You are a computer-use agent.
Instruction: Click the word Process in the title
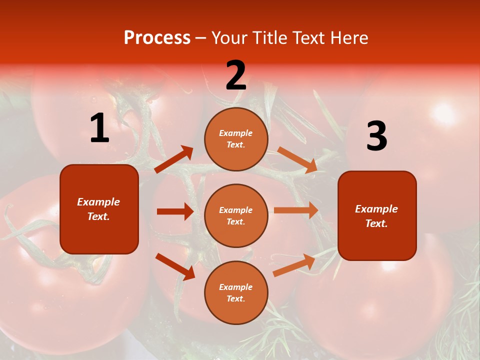[x=157, y=38]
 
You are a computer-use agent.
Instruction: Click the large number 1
[x=99, y=128]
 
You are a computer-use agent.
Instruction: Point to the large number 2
[x=236, y=76]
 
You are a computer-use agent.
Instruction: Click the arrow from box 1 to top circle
[x=174, y=159]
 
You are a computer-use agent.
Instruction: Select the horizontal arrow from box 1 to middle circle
[x=175, y=211]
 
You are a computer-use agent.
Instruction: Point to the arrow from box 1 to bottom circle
[x=175, y=266]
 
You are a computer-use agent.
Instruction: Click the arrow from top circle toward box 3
[x=297, y=159]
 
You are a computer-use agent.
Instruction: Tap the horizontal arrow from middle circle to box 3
[x=296, y=210]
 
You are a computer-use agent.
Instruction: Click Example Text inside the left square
[x=98, y=209]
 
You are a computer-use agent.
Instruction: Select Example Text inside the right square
[x=376, y=216]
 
